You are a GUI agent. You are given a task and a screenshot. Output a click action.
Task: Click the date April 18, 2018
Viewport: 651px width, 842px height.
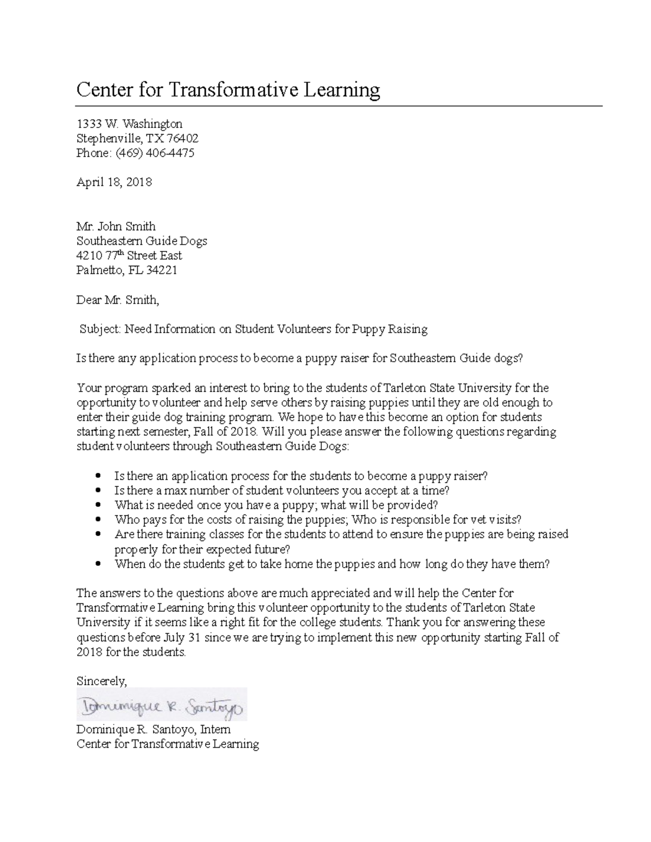(x=114, y=182)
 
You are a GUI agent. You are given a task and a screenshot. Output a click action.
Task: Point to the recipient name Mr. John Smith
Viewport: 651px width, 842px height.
(x=116, y=226)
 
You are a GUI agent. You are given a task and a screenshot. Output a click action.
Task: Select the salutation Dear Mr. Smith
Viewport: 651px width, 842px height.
(x=118, y=299)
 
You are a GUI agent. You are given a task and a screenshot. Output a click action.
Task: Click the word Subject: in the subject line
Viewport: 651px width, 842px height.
(x=100, y=329)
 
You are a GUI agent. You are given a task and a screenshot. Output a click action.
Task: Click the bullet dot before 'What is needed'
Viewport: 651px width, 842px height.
(x=98, y=505)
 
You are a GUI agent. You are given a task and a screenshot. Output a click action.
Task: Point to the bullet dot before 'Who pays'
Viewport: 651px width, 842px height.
(x=98, y=519)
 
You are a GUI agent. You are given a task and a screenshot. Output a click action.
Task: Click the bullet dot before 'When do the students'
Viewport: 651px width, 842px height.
(x=98, y=563)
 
